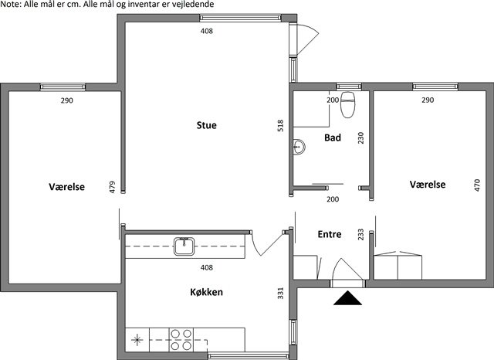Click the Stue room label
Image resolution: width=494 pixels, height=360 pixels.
coord(206,125)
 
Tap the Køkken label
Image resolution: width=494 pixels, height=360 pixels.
coord(206,292)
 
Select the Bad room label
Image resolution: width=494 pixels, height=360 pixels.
coord(333,138)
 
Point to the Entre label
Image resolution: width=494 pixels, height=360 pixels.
coord(330,234)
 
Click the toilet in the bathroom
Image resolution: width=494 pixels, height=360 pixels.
coord(348,104)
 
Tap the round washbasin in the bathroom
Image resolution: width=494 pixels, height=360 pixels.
coord(299,147)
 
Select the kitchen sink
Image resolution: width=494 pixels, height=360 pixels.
coord(184,246)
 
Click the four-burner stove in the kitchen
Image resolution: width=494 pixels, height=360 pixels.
coord(181,340)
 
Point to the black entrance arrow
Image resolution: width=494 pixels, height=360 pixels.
coord(347,298)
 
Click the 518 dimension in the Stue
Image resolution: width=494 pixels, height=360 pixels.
coord(280,125)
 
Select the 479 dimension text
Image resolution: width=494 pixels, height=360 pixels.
coord(112,187)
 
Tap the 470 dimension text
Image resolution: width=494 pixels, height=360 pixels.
coord(477,185)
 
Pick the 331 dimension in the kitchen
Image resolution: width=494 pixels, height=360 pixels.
coord(280,293)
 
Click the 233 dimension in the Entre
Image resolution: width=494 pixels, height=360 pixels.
coord(360,235)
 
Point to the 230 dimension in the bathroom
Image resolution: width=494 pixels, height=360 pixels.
coord(360,138)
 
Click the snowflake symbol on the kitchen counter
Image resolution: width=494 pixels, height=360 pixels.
coord(137,340)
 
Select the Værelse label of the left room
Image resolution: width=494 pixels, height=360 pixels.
coord(67,187)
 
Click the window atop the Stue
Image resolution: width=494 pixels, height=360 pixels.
coord(240,18)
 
